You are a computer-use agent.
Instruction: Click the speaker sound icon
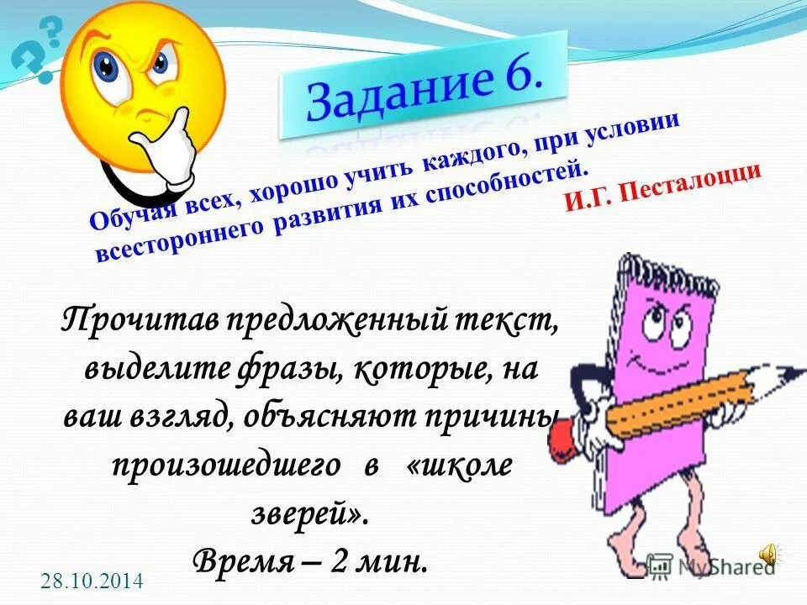(768, 553)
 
